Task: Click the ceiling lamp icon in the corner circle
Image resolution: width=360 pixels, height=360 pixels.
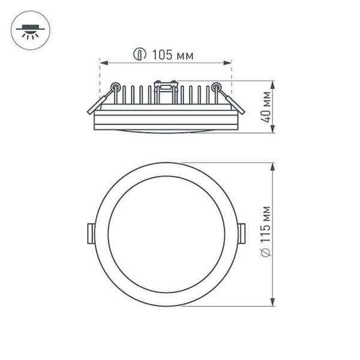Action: coord(28,30)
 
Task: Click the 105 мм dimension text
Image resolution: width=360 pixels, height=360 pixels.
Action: coord(172,55)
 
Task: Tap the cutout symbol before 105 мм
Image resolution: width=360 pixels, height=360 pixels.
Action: coord(139,55)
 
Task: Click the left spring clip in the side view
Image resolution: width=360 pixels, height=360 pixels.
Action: coord(100,100)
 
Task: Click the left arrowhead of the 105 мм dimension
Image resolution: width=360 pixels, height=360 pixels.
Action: coord(102,62)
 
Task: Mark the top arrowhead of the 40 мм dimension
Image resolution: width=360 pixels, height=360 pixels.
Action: coord(273,83)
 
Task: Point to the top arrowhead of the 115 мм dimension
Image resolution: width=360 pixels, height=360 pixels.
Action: coord(273,165)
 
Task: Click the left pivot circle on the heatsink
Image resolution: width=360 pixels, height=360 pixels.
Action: coord(115,86)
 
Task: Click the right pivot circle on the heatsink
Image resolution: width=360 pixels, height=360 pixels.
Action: coord(215,86)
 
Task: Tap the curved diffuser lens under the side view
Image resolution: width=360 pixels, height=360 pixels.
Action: coord(165,130)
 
